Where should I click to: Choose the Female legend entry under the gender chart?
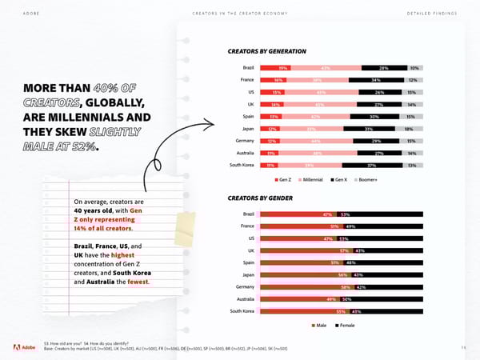tap(345, 326)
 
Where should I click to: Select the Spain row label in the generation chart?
tap(247, 117)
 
